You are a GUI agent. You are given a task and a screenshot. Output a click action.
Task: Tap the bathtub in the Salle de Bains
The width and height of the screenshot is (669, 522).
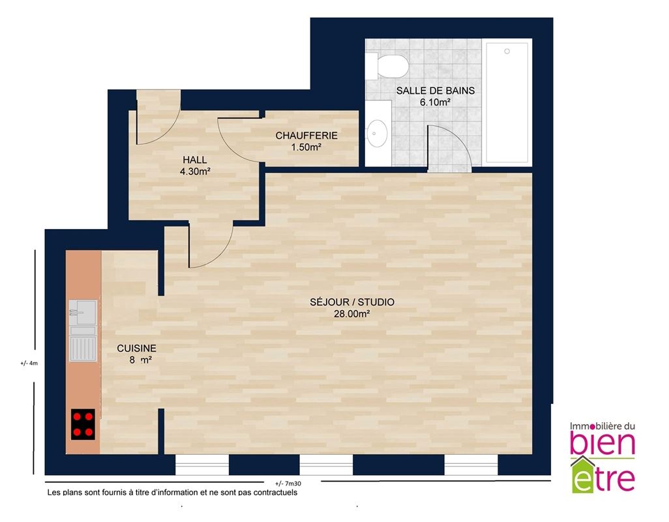click(507, 102)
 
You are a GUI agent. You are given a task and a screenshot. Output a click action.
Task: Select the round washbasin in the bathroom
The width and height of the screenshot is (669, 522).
click(377, 133)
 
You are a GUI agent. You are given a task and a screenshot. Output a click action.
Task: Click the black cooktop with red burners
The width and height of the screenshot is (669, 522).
click(83, 424)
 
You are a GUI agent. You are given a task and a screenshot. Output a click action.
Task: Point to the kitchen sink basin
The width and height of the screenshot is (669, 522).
click(83, 313)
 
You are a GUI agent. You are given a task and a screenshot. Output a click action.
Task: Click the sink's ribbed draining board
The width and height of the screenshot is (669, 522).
click(83, 348)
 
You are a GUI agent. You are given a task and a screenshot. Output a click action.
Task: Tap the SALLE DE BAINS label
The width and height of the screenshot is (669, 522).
click(435, 91)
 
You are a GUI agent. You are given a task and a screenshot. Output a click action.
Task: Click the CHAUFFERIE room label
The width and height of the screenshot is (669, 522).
click(306, 136)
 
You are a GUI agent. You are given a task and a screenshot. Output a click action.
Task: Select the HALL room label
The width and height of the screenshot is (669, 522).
click(195, 160)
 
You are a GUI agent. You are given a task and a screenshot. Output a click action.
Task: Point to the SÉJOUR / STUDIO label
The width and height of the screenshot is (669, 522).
click(352, 302)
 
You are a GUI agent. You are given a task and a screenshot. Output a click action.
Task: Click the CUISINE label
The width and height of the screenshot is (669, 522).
click(136, 348)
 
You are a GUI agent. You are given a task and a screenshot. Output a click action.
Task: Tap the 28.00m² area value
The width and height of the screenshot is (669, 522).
click(352, 314)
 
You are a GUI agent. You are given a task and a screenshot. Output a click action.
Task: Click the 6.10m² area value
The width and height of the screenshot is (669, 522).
click(436, 102)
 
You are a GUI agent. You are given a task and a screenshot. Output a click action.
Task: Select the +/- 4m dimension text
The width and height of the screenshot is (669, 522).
click(29, 363)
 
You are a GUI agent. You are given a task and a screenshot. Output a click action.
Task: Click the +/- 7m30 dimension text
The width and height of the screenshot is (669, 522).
click(288, 484)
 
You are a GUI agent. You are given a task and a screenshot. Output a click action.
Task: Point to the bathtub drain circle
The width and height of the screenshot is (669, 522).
click(507, 51)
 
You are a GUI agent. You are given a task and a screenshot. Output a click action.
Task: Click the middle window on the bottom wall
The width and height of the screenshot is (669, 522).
click(326, 465)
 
